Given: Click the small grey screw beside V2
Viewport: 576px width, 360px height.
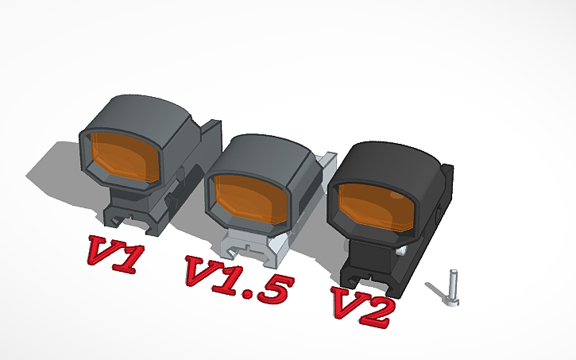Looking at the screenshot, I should click(453, 286).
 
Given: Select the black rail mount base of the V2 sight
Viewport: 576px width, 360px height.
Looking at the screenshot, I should click(373, 270).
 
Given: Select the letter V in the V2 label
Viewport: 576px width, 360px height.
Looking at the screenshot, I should click(347, 302).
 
